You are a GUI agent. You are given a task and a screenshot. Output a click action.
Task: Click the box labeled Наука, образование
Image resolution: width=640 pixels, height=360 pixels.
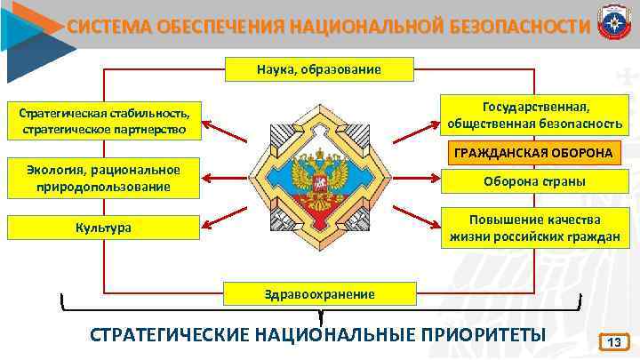(x=319, y=68)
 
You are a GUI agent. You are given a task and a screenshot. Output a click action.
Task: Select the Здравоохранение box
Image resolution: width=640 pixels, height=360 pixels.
(x=319, y=293)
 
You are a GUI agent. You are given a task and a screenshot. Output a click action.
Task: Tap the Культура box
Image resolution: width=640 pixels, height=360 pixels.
(x=102, y=228)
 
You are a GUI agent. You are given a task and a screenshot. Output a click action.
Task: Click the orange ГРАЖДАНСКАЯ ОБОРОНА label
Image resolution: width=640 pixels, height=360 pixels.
(x=533, y=153)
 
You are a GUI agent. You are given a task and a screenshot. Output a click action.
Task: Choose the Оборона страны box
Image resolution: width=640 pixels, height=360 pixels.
(x=534, y=181)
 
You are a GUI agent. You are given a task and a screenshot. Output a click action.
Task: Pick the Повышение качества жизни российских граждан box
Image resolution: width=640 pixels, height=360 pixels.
(x=534, y=228)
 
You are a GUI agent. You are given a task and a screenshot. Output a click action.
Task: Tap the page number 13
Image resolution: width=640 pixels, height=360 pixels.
(x=612, y=342)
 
